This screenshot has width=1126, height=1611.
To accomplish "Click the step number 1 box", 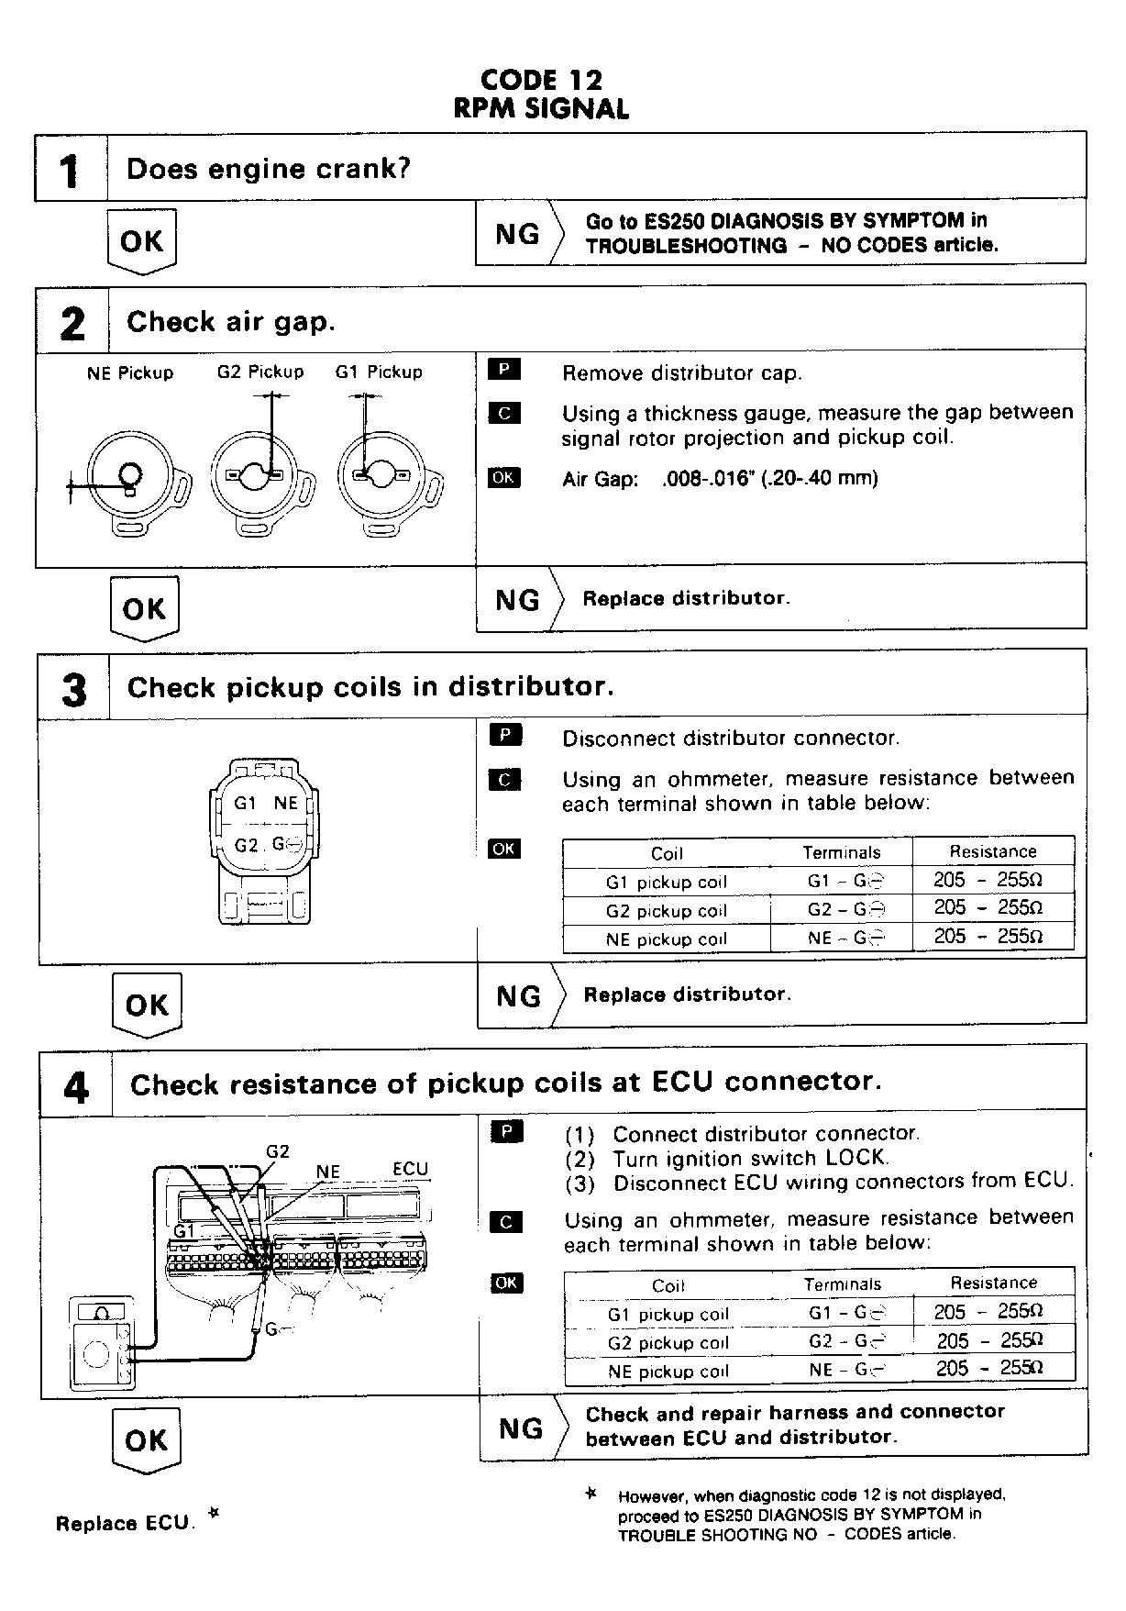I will coord(71,169).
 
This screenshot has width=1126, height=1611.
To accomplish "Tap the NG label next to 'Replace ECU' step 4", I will coord(520,1428).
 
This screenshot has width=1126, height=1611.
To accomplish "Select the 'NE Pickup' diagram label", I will coord(130,373).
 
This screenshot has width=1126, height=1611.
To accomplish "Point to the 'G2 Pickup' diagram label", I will coord(260,372).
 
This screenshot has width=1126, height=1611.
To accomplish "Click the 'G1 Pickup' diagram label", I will coord(379,372).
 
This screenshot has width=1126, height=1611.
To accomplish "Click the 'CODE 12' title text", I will coord(541,81).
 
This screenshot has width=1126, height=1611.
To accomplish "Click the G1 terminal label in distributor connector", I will coord(245,803).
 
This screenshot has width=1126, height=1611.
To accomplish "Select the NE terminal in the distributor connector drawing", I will coord(285,803).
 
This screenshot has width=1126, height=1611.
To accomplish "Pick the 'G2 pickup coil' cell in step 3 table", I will coord(667,911).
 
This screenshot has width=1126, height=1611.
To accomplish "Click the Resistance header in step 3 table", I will coord(993,851).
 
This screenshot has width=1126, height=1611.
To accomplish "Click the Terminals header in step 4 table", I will coord(842,1284).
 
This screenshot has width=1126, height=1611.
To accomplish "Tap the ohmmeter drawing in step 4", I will coord(103,1344).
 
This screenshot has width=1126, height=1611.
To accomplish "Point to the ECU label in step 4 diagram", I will coord(410,1169).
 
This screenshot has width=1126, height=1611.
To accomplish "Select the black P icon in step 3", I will coord(504,736).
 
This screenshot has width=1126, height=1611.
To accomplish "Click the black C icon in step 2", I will coord(504,413).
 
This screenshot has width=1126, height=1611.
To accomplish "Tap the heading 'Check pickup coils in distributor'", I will coord(370,687).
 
